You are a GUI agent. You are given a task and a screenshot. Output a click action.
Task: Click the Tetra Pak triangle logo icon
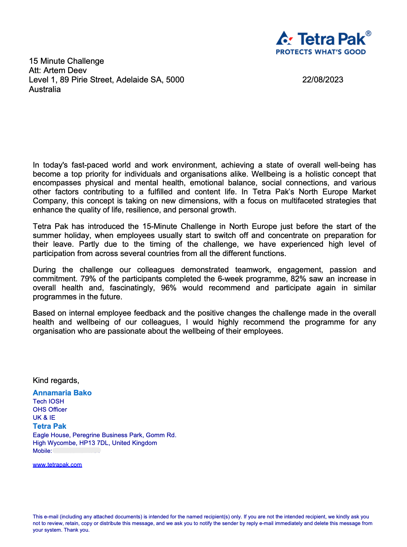tap(284, 39)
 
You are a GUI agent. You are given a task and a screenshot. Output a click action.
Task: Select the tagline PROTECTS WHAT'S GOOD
tap(321, 52)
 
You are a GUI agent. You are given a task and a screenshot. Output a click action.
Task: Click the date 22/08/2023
tap(323, 80)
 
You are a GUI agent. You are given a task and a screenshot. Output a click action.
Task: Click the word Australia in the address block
tap(45, 89)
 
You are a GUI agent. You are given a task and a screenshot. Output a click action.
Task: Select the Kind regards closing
tap(56, 381)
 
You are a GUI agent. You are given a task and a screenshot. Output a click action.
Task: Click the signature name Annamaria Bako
tap(62, 393)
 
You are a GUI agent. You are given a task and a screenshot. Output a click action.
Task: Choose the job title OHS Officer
tap(50, 409)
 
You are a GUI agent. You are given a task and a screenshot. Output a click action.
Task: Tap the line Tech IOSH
tap(48, 401)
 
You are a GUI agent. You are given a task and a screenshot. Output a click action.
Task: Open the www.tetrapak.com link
tap(57, 465)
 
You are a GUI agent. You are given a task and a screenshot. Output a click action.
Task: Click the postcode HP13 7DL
tap(94, 443)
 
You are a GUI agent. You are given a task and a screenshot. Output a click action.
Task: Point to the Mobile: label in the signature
tap(42, 451)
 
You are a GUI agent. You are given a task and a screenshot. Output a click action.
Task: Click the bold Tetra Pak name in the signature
tap(50, 426)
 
